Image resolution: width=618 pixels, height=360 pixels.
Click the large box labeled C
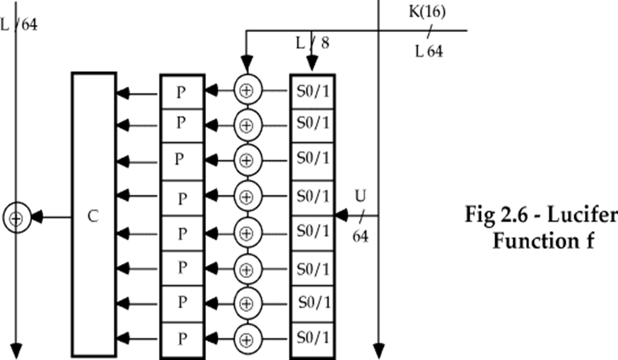(x=93, y=216)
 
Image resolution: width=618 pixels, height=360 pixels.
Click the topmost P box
(x=182, y=92)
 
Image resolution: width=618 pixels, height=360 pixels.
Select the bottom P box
(x=182, y=339)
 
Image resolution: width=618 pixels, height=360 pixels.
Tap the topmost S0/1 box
(x=312, y=91)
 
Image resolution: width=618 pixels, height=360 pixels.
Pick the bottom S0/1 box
(x=312, y=339)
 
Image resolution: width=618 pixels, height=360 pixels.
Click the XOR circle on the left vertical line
(x=17, y=218)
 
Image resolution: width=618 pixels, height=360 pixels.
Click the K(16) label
(x=427, y=11)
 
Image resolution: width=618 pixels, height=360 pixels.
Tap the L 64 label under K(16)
(x=429, y=51)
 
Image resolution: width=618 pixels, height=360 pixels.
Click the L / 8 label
(x=312, y=43)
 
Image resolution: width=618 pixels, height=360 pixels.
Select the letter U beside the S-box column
(x=360, y=196)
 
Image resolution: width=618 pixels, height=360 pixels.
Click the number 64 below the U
(x=360, y=236)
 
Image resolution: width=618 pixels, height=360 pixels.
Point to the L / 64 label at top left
(x=19, y=24)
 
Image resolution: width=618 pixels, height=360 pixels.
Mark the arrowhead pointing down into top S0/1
(x=312, y=63)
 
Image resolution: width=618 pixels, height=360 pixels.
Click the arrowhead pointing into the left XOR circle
(x=37, y=218)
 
